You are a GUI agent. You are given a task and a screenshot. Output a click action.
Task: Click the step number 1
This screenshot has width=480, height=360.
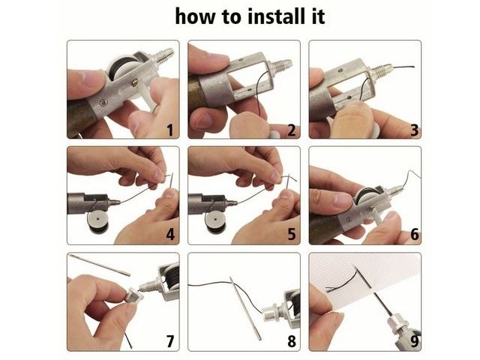[170, 130]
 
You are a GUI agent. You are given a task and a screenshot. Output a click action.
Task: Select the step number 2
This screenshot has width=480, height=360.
[292, 130]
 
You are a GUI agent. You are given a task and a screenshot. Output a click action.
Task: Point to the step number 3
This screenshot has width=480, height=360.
[414, 130]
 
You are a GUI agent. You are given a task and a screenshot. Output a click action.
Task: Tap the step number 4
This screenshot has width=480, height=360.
[170, 235]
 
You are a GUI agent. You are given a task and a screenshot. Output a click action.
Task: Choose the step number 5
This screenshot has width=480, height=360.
[292, 235]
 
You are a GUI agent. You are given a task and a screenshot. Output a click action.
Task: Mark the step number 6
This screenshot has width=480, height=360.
[414, 235]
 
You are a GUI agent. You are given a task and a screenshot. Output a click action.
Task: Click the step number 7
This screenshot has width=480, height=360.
[170, 341]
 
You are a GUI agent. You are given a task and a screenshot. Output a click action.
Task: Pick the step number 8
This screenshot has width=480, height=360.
[292, 341]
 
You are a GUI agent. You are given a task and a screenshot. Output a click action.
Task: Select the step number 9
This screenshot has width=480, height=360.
[414, 341]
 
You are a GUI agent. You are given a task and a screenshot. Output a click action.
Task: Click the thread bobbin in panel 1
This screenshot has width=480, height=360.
[121, 67]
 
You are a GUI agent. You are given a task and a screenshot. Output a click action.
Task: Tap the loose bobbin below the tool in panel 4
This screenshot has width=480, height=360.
[98, 222]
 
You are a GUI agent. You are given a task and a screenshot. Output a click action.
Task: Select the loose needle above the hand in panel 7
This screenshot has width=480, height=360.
[100, 265]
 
